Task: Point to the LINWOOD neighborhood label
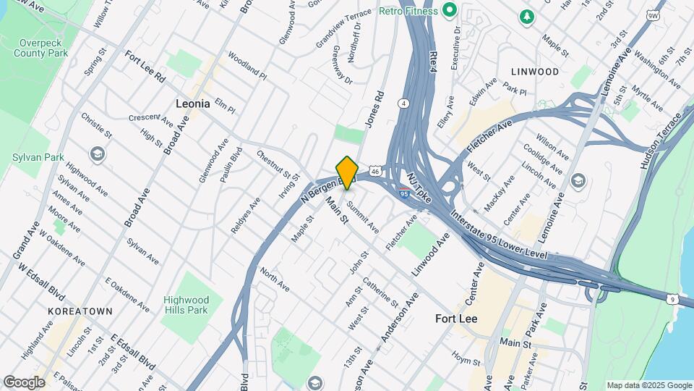(x=535, y=72)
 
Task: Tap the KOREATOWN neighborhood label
(x=80, y=311)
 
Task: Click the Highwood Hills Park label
(x=186, y=305)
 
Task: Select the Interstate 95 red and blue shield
(x=406, y=193)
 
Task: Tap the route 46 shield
(x=374, y=172)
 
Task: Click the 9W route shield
(x=653, y=14)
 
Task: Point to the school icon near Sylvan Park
(x=97, y=154)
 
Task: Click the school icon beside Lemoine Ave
(x=578, y=180)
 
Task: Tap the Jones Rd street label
(x=373, y=109)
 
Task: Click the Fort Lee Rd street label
(x=145, y=66)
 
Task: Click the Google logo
(x=24, y=382)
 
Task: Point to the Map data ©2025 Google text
(x=648, y=385)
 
